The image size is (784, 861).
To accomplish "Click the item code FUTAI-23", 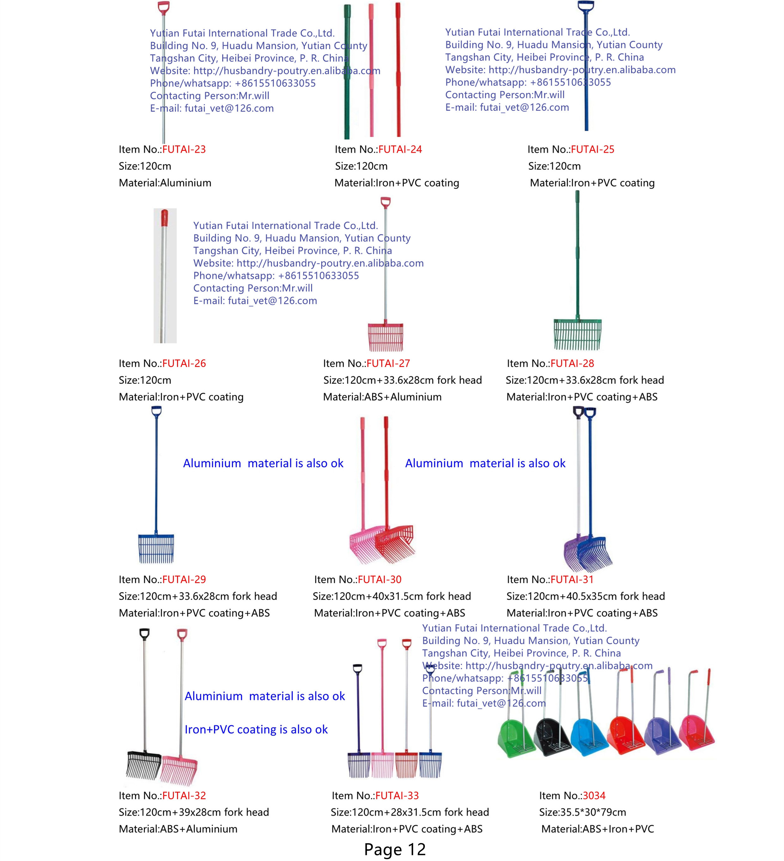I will click(184, 149).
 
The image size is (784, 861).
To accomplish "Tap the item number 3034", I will click(594, 795).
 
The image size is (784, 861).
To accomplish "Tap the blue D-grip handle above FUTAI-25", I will click(586, 6).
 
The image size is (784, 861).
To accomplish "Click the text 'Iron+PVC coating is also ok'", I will click(256, 730).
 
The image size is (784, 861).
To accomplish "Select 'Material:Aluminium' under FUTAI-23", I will click(165, 183).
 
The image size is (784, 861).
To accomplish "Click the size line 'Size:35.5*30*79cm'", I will click(582, 812).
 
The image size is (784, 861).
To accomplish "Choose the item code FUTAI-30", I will click(379, 579).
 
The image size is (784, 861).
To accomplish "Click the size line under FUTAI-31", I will click(585, 596).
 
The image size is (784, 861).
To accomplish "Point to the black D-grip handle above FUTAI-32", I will click(144, 634).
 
